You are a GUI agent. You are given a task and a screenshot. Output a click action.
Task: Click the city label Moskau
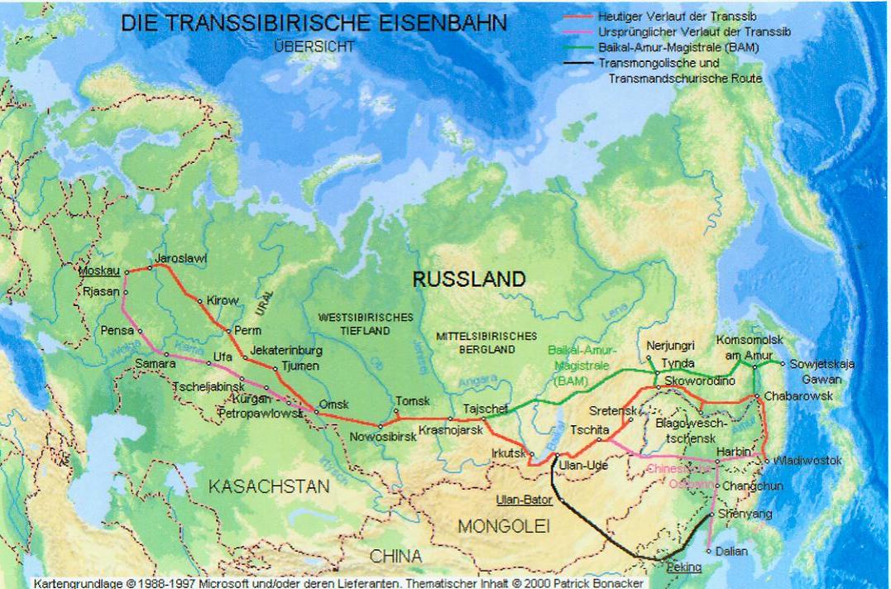tap(100, 271)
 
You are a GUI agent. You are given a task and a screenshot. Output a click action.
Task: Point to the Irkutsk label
tap(508, 453)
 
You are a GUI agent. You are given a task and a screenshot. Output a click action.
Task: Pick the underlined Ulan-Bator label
tap(524, 500)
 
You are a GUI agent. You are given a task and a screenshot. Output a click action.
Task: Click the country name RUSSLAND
tap(468, 280)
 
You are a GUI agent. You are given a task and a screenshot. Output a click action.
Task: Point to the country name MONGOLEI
tap(504, 526)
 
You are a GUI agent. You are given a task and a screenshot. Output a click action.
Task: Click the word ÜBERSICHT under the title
tap(314, 47)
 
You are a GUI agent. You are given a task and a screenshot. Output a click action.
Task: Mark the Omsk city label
tap(334, 404)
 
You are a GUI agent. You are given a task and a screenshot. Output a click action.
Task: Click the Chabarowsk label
tap(798, 396)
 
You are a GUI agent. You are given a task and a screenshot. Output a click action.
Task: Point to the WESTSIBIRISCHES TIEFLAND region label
tap(365, 323)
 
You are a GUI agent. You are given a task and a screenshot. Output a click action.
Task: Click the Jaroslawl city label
tap(181, 259)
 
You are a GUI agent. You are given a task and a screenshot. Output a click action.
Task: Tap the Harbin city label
tap(735, 451)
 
